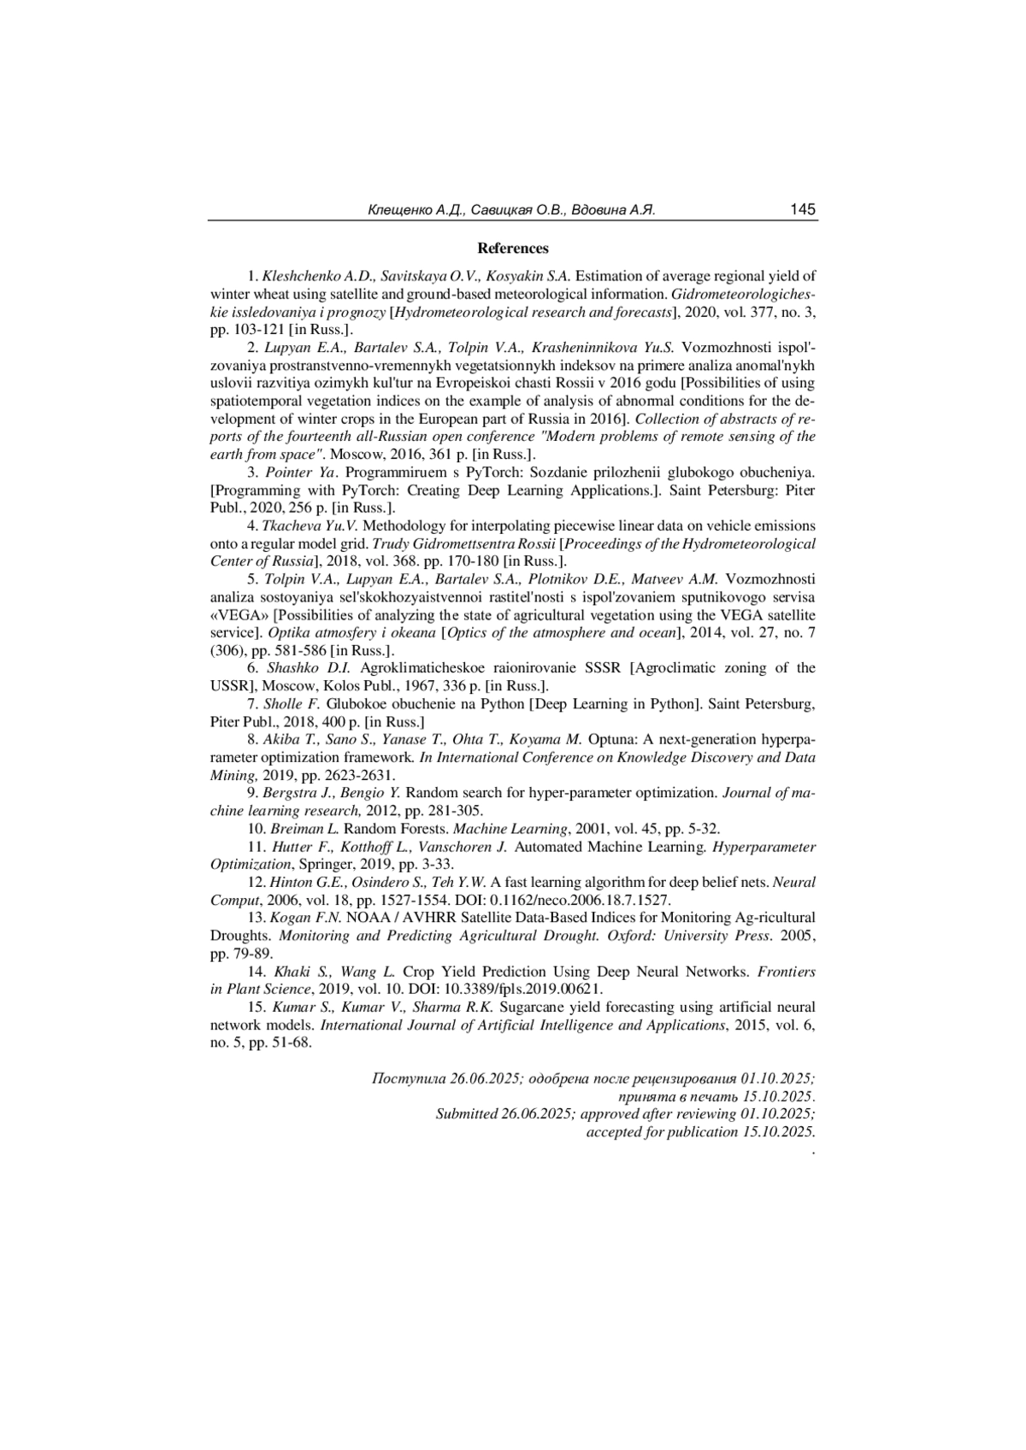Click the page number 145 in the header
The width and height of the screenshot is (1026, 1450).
803,209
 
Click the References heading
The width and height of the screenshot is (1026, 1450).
513,249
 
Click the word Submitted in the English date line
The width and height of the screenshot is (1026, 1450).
467,1114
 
